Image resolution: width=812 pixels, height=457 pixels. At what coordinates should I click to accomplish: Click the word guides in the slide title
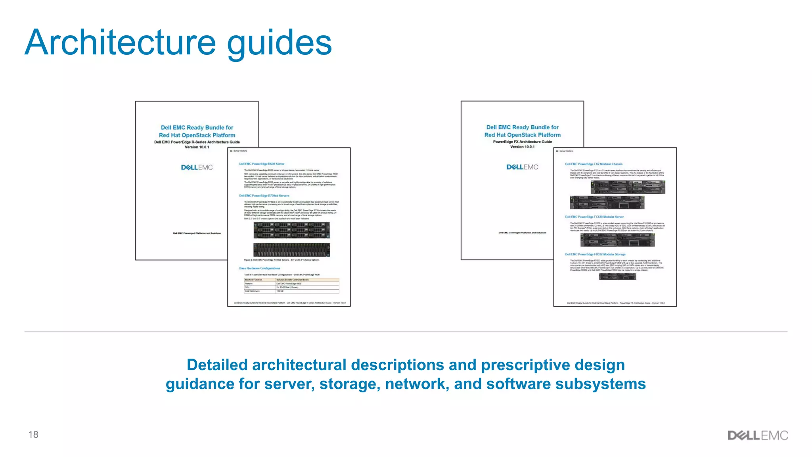pos(279,44)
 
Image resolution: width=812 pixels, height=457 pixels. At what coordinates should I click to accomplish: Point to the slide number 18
pos(33,434)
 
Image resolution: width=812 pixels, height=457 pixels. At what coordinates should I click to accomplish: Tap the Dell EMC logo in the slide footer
pos(758,435)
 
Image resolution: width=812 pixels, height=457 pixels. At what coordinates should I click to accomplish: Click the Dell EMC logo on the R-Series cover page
pos(197,167)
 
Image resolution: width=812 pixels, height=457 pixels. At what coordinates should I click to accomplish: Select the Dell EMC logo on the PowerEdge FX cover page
pos(522,167)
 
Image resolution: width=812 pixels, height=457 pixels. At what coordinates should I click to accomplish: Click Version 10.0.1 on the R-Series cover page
pos(197,147)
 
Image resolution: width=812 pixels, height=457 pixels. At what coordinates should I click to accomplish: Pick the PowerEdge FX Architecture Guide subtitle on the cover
pos(522,142)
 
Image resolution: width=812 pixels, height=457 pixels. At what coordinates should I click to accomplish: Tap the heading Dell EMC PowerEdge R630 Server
pos(262,164)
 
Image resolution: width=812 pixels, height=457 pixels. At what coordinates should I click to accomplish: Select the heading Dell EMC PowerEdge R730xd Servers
pos(264,196)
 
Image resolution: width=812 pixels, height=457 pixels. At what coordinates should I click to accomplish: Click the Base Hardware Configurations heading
pos(260,268)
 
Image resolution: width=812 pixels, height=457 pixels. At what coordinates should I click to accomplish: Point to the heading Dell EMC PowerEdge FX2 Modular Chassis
pos(594,164)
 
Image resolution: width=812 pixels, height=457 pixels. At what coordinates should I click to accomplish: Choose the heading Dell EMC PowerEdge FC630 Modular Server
pos(594,217)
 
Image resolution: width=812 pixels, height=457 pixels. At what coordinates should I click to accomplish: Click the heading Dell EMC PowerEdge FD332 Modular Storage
pos(595,254)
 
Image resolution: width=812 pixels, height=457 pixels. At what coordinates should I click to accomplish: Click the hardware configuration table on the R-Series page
pos(291,285)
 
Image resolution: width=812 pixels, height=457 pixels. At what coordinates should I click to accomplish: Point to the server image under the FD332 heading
pos(617,276)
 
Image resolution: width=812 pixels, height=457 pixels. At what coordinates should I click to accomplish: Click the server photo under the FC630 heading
pos(617,240)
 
